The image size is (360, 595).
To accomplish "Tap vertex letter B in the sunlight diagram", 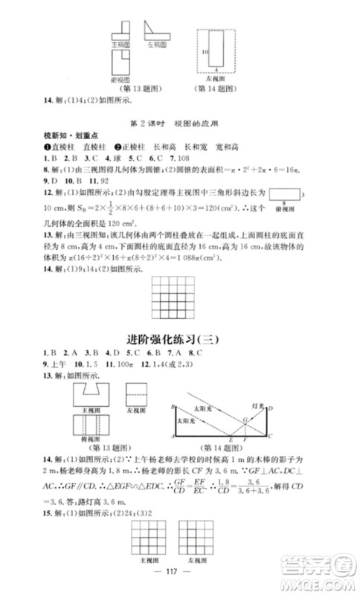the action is click(172, 407).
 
